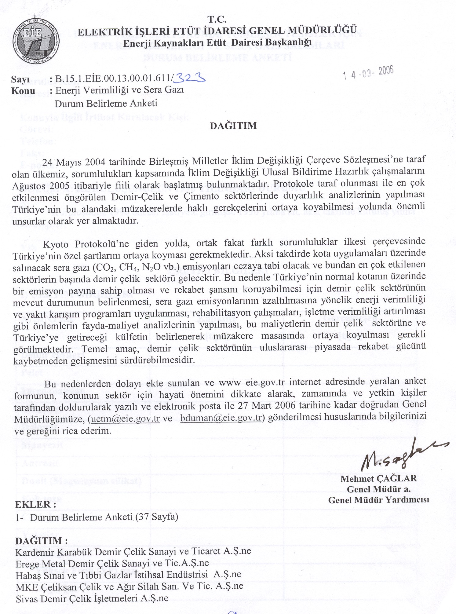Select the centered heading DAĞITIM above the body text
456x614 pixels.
[x=233, y=126]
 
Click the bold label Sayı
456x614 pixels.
[x=20, y=79]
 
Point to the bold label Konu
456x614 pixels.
[x=23, y=91]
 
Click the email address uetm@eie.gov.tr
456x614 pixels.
[x=125, y=418]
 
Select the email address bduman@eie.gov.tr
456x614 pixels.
[x=221, y=418]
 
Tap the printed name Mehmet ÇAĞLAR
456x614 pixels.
[x=378, y=478]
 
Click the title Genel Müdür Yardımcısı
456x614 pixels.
[x=378, y=500]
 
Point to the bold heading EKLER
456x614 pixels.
[x=35, y=504]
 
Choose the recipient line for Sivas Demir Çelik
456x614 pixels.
[x=92, y=598]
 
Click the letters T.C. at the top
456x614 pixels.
[x=217, y=20]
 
